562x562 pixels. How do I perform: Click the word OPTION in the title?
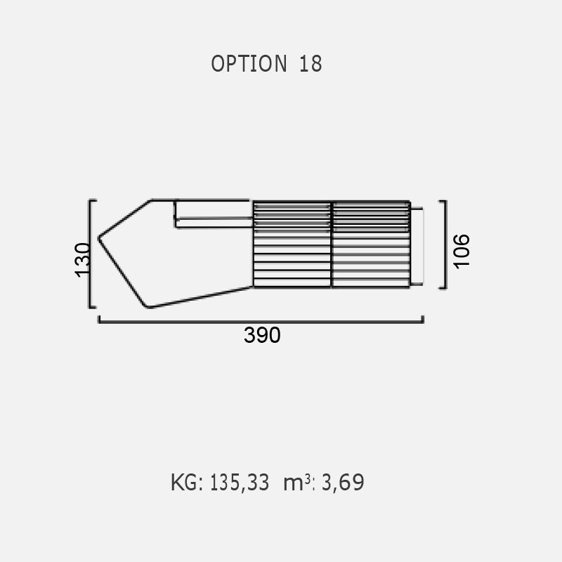click(249, 64)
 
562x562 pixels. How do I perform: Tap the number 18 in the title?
click(311, 64)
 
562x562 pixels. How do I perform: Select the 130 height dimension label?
click(82, 260)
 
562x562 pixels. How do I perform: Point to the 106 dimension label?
click(462, 251)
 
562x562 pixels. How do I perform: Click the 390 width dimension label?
click(262, 335)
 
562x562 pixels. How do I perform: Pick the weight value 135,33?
click(240, 483)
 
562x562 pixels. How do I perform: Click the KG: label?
click(187, 483)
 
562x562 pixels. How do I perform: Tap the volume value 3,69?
click(343, 483)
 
